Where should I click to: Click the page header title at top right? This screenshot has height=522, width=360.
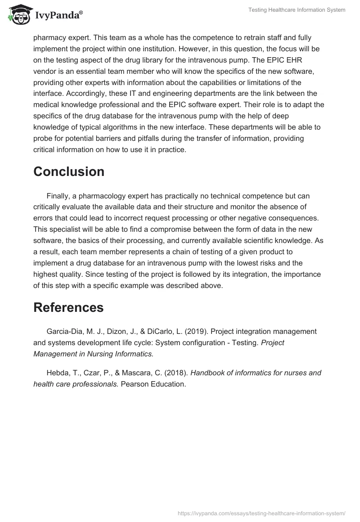click(x=297, y=10)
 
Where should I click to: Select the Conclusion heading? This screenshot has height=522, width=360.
click(x=69, y=171)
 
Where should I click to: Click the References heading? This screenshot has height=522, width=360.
click(x=68, y=307)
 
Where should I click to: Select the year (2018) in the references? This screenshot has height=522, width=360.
click(x=177, y=373)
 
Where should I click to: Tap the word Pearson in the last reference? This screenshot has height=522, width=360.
click(x=135, y=384)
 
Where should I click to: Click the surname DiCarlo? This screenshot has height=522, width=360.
click(x=166, y=331)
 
